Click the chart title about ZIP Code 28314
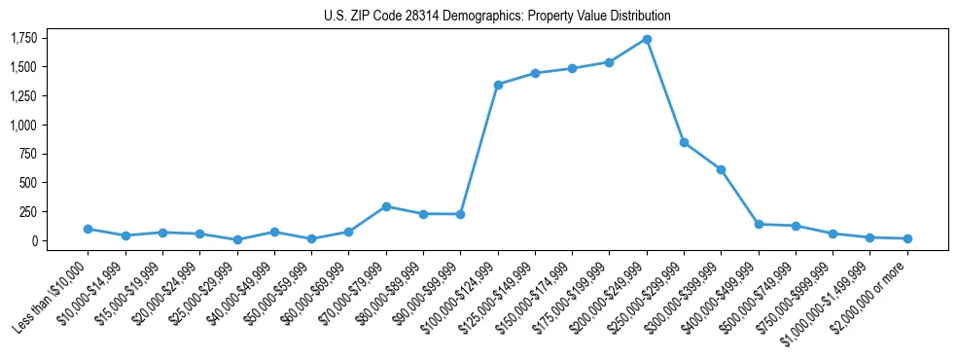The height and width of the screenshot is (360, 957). point(497,17)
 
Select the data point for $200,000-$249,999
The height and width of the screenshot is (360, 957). point(647,39)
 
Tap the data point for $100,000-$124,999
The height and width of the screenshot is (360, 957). point(498,85)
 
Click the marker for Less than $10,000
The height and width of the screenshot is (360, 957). point(89,229)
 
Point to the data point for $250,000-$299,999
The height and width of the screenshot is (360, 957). point(684,142)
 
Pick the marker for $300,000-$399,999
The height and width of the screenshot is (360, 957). point(721,169)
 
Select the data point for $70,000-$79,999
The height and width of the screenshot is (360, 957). point(386,206)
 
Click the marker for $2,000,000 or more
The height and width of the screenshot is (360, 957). point(907,238)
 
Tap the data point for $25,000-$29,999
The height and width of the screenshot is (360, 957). point(237,239)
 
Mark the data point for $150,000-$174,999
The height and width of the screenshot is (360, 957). point(572,68)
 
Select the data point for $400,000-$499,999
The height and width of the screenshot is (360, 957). point(759,224)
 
